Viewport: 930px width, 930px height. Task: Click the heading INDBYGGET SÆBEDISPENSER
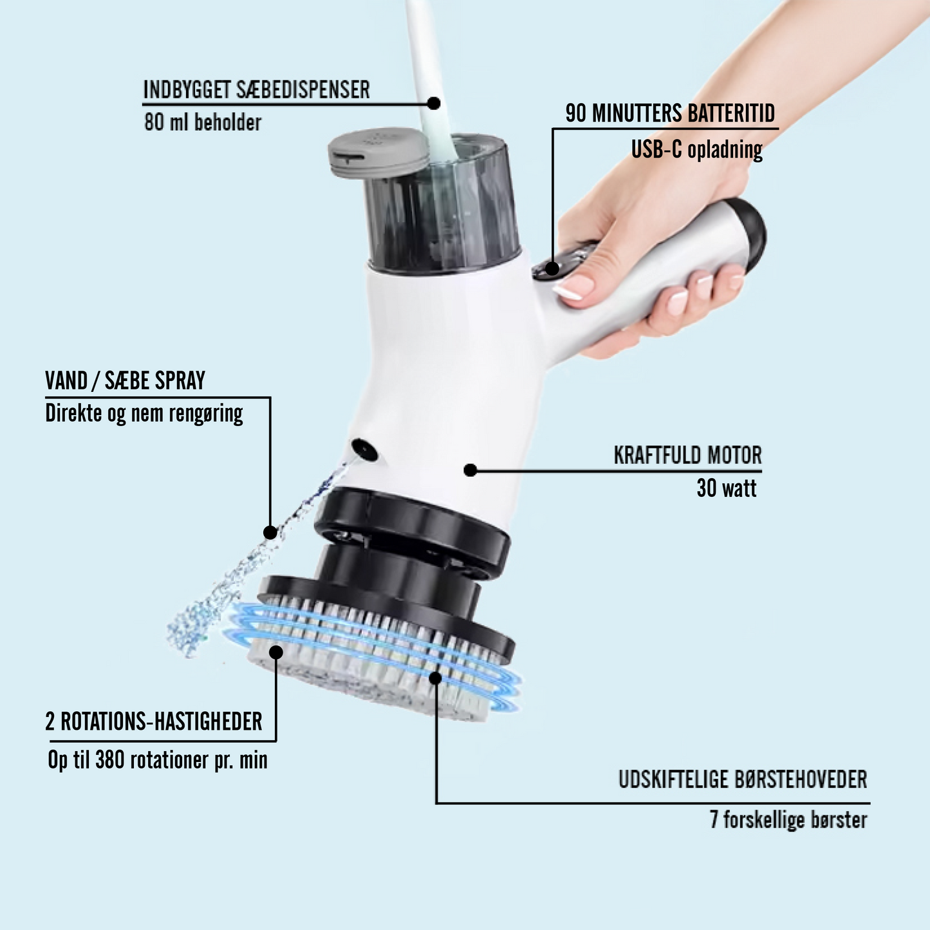coord(256,89)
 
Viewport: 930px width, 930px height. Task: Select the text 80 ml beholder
coord(203,122)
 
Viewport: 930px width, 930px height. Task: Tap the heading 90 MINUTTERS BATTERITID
coord(670,113)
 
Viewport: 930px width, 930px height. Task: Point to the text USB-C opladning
coord(697,150)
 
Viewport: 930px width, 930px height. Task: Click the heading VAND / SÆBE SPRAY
coord(126,381)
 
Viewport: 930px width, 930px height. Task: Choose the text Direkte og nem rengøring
coord(144,414)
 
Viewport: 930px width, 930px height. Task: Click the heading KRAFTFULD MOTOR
coord(688,455)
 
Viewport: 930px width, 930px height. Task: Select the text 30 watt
coord(727,488)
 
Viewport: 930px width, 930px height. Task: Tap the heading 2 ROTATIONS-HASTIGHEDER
coord(154,721)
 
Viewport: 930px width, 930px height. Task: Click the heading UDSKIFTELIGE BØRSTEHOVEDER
coord(743,779)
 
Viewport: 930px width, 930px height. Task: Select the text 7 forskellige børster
coord(788,819)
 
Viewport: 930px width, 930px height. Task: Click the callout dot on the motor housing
coord(470,470)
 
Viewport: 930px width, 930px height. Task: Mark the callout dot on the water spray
coord(270,532)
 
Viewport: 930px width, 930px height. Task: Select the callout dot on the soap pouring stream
coord(434,103)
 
